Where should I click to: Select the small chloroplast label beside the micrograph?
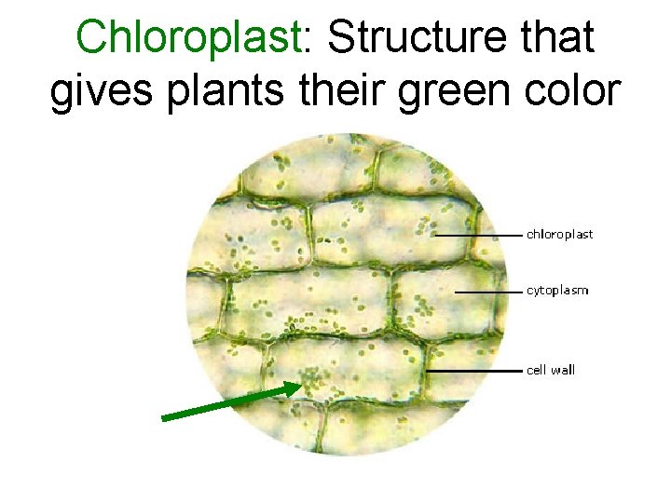click(x=559, y=235)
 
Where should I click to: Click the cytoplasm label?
click(x=557, y=291)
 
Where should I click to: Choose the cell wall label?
click(x=551, y=370)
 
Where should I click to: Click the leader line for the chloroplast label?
click(x=477, y=236)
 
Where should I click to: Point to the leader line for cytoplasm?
click(x=487, y=292)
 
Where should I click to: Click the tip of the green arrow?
click(x=301, y=385)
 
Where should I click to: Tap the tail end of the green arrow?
click(x=164, y=418)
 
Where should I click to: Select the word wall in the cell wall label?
click(x=563, y=370)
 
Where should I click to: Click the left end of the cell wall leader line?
click(x=427, y=371)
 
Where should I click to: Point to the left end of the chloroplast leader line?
click(x=435, y=236)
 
